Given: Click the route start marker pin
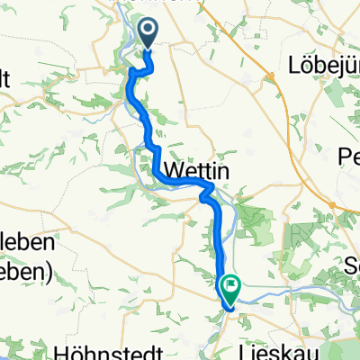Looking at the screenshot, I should coord(149,34).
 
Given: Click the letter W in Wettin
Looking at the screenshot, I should coord(166,171).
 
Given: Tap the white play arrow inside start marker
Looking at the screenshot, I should coord(150,32).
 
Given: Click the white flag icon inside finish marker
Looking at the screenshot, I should coord(232,288).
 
